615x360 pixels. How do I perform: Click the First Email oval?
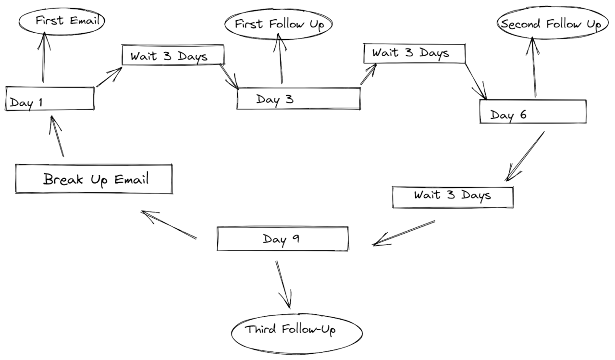[x=62, y=21]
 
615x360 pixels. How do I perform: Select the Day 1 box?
[x=49, y=99]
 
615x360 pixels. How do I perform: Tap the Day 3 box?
[x=298, y=99]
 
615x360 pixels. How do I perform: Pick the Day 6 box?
[x=532, y=112]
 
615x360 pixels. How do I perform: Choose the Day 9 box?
[x=282, y=239]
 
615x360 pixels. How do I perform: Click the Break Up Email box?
[x=94, y=179]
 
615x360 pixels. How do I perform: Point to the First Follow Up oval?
[x=278, y=25]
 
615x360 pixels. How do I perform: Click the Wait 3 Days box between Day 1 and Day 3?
[x=173, y=55]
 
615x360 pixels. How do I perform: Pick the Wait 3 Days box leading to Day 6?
[x=414, y=53]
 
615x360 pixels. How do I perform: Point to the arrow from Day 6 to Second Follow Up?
[x=532, y=67]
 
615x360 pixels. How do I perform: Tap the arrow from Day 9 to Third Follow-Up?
[x=284, y=284]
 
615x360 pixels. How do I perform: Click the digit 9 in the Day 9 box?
[x=295, y=238]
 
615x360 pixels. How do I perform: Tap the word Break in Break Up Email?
[x=61, y=179]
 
